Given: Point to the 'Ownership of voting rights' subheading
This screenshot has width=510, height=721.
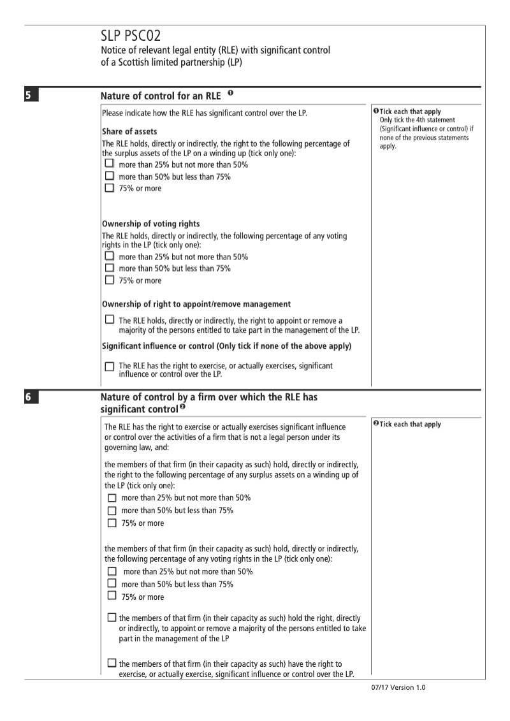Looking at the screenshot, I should (151, 224).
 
